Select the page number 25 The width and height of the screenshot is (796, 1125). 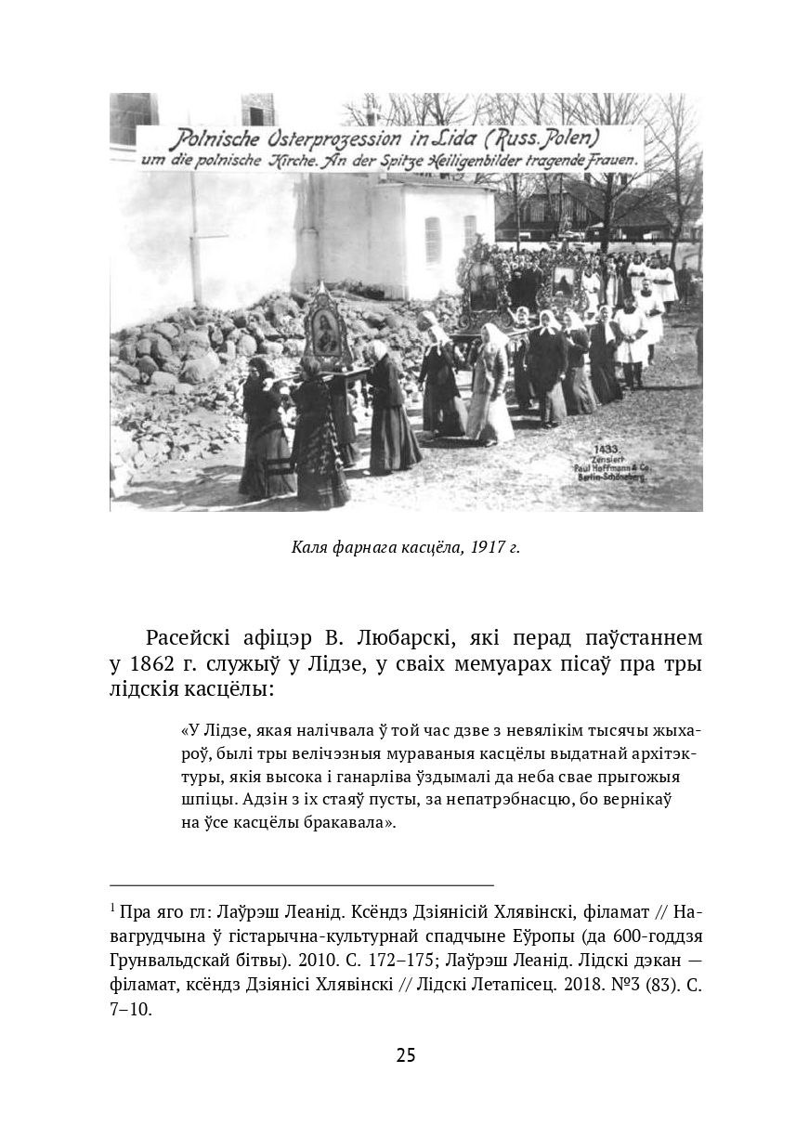pyautogui.click(x=406, y=1054)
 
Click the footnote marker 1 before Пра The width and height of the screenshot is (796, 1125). pyautogui.click(x=111, y=906)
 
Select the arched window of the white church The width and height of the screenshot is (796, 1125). pyautogui.click(x=432, y=240)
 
